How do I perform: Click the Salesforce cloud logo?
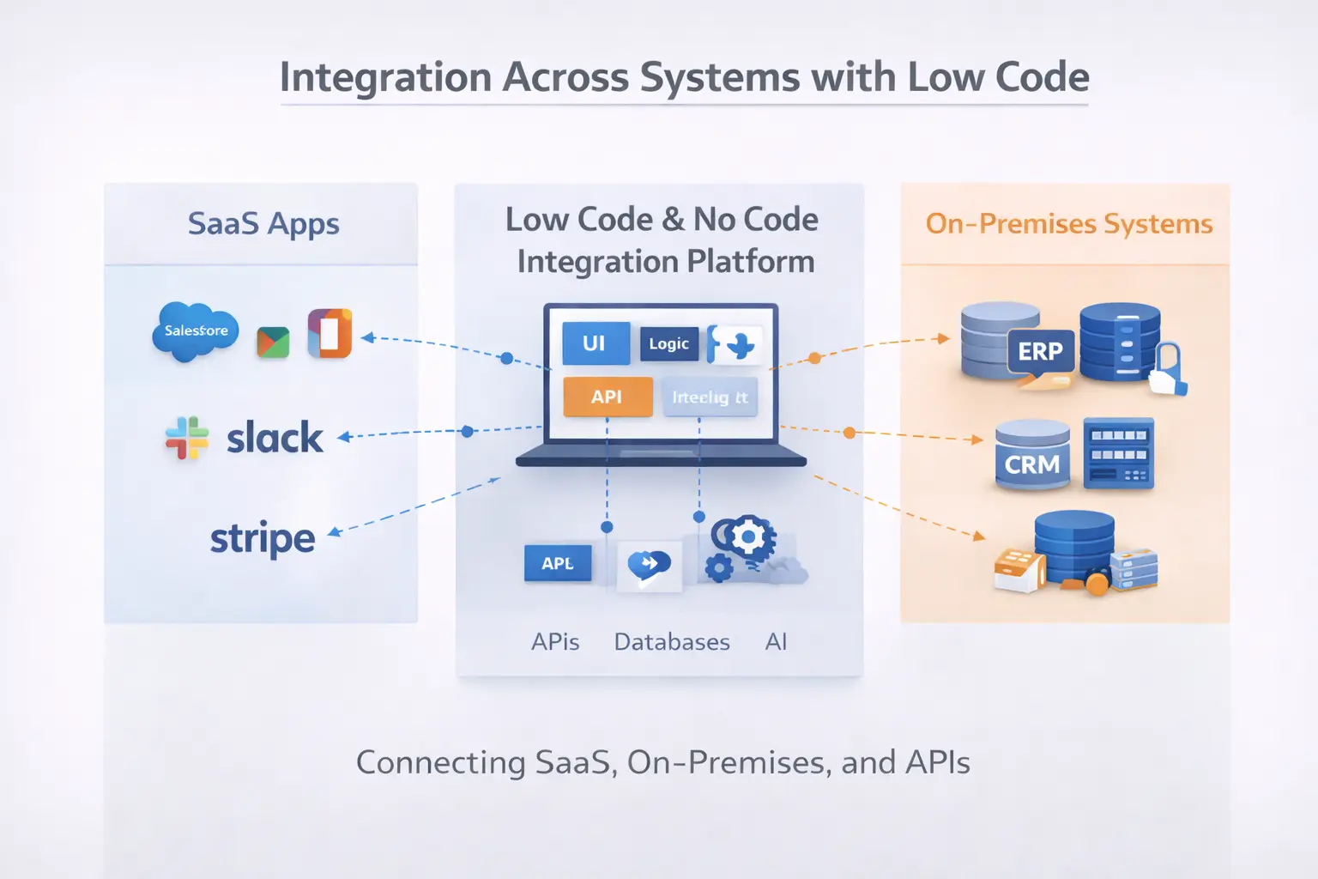(x=196, y=331)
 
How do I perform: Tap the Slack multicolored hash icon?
(x=186, y=438)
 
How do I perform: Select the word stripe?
(x=263, y=539)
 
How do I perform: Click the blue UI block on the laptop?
(x=596, y=343)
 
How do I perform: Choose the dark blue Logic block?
(x=668, y=343)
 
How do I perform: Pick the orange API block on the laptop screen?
(x=607, y=397)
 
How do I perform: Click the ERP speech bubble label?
(x=1040, y=352)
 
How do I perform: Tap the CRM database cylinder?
(x=1032, y=456)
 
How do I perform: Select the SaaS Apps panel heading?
(x=263, y=223)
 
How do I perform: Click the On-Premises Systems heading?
(x=1068, y=224)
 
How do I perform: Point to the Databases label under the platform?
(x=672, y=642)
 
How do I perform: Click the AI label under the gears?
(x=776, y=642)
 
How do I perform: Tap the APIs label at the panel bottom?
(x=555, y=642)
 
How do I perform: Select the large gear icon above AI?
(x=748, y=537)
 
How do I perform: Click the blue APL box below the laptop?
(x=558, y=564)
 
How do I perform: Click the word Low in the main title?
(x=945, y=77)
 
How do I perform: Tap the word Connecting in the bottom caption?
(x=440, y=762)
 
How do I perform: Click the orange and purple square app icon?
(x=329, y=333)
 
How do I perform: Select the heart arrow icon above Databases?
(x=649, y=565)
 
